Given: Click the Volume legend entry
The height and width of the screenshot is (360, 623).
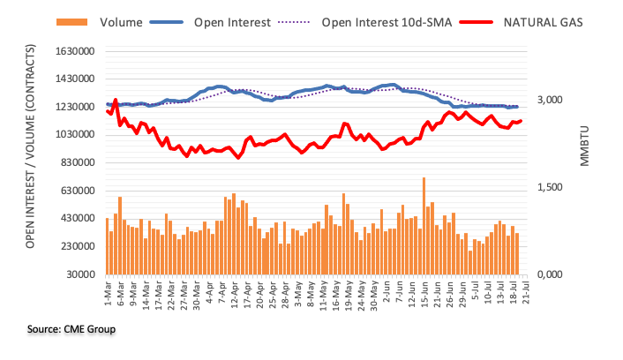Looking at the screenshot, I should point(106,21).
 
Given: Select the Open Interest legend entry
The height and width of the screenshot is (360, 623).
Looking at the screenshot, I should point(231,21).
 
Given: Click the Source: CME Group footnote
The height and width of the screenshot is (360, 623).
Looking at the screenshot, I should point(71,329).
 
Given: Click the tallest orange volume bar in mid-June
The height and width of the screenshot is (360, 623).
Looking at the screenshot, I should point(424,226).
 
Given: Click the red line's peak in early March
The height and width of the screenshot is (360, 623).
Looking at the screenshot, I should point(116,101).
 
